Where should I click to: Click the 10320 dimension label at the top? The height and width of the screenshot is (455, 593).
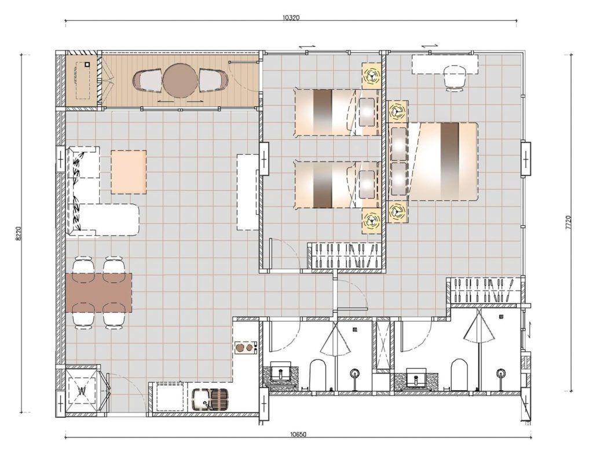(x=291, y=18)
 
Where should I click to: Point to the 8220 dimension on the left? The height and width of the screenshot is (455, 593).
(x=19, y=233)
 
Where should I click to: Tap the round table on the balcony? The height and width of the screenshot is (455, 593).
(x=180, y=80)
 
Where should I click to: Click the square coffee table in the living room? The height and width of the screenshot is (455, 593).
(x=129, y=171)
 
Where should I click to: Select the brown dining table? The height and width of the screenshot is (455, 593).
(x=99, y=292)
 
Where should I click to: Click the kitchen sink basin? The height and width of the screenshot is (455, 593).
(x=202, y=399)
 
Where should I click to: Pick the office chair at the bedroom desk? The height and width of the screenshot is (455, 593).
(x=455, y=78)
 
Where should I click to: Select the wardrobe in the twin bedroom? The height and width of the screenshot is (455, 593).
(x=345, y=255)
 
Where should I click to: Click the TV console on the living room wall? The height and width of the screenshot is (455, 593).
(x=247, y=192)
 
